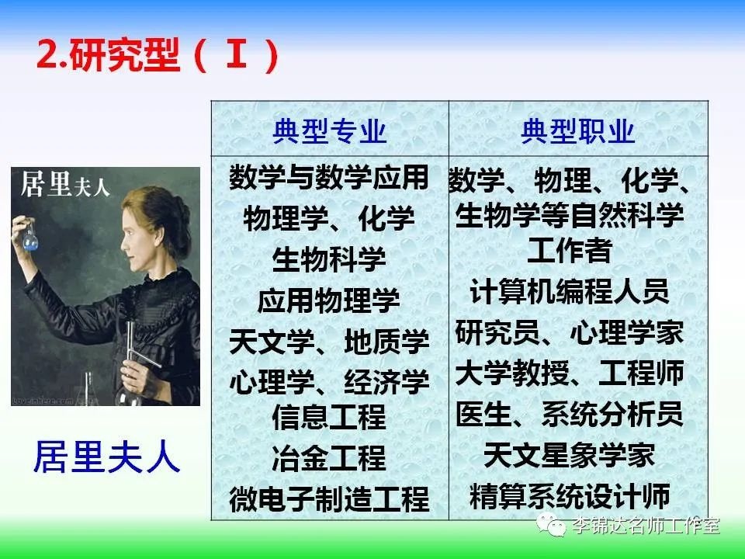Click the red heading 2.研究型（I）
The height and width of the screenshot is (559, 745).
158,55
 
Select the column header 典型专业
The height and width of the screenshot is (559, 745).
329,130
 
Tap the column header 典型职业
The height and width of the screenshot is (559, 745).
577,130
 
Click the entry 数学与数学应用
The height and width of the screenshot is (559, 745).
329,177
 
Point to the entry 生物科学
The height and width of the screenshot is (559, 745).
329,259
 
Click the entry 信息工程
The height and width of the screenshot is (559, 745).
329,416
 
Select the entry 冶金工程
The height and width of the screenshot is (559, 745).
329,457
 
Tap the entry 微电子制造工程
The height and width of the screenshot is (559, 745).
329,498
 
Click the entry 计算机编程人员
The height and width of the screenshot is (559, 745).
569,291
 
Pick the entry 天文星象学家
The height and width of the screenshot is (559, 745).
569,454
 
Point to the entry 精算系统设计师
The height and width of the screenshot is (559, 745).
569,495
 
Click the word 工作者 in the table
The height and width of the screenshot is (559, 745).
569,250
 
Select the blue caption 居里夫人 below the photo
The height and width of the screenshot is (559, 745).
106,457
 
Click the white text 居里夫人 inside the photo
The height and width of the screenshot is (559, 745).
64,185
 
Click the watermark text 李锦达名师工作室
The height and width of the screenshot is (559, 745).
646,526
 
